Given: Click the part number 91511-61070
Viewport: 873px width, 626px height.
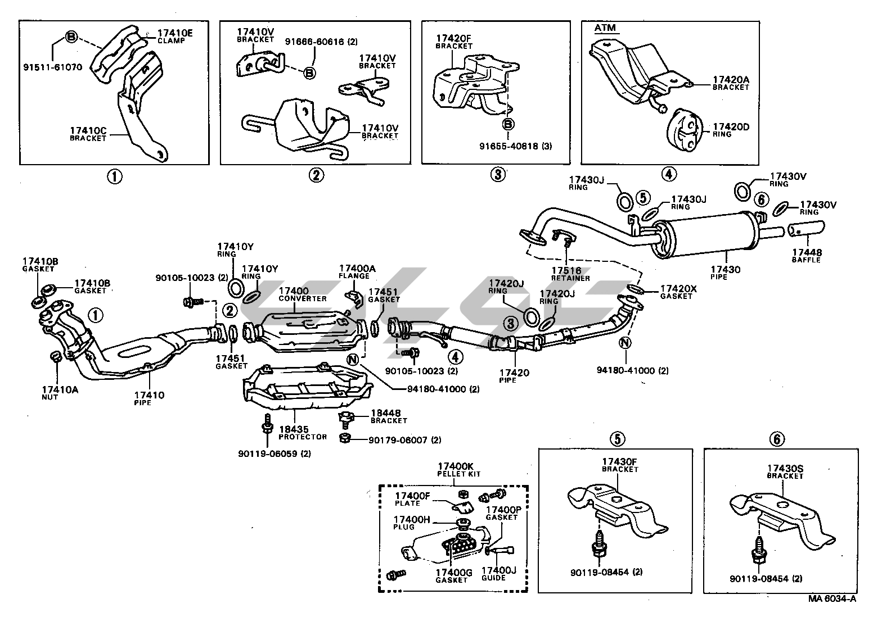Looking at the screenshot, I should tap(53, 67).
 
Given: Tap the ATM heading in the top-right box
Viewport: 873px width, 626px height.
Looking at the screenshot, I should tap(605, 28).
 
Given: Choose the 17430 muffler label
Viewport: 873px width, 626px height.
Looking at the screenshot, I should tap(725, 273).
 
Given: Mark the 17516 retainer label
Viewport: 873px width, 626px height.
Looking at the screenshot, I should tap(570, 274).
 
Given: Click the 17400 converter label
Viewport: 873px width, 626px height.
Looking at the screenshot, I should tap(302, 294).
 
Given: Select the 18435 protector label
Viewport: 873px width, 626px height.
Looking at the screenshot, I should tap(303, 433).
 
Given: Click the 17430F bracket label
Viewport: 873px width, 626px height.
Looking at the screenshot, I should tap(619, 465).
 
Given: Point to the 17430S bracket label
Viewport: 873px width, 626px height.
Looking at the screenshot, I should tap(785, 471).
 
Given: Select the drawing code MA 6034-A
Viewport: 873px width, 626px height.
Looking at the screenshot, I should tap(833, 614).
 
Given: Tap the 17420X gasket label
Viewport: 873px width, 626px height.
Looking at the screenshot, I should tap(678, 292).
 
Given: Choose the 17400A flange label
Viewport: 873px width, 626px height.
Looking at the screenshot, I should tap(357, 272).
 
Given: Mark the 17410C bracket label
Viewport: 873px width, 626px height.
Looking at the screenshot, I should tap(88, 134).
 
